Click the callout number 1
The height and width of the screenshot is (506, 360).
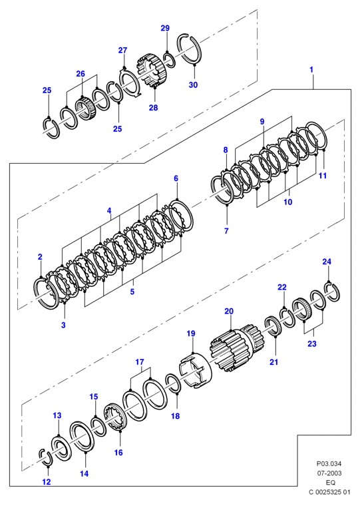pyautogui.click(x=311, y=69)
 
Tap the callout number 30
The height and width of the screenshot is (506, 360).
pyautogui.click(x=193, y=85)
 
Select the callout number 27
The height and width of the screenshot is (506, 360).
pyautogui.click(x=122, y=51)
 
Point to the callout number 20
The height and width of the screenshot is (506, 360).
pyautogui.click(x=229, y=312)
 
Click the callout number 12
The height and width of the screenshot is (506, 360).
pyautogui.click(x=47, y=482)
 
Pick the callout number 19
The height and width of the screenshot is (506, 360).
pyautogui.click(x=191, y=334)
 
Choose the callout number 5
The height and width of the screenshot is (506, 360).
pyautogui.click(x=132, y=292)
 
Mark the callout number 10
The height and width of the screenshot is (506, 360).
pyautogui.click(x=287, y=202)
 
